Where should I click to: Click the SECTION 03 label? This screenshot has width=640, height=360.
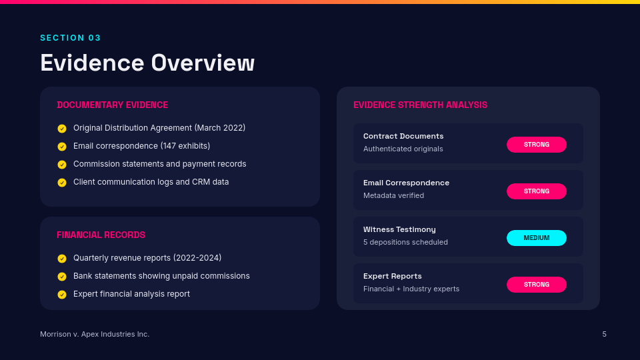70,38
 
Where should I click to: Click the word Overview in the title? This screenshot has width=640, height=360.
203,63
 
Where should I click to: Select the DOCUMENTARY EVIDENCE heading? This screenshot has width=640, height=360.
112,105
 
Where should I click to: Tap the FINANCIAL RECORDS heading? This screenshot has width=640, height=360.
101,235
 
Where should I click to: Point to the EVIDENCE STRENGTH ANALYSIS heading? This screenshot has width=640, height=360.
420,105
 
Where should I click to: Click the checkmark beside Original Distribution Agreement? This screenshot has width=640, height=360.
62,129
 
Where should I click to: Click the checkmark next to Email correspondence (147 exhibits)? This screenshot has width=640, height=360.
62,147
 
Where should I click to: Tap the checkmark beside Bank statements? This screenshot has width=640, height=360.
62,277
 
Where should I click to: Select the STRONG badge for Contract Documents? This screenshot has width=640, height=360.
536,145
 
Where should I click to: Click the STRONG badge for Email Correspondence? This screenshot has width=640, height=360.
536,191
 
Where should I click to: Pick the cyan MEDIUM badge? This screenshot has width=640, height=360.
536,238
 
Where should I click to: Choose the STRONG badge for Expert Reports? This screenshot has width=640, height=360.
536,285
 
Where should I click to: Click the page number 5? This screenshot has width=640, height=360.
604,334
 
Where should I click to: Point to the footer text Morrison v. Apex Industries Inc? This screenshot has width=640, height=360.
95,334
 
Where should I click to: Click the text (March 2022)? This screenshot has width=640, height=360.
220,128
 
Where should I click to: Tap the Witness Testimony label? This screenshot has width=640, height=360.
399,229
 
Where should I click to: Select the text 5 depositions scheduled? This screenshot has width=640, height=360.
405,242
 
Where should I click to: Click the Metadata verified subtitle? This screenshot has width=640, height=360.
393,195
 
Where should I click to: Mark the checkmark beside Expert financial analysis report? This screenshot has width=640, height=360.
62,295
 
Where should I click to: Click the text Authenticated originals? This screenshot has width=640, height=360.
403,149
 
